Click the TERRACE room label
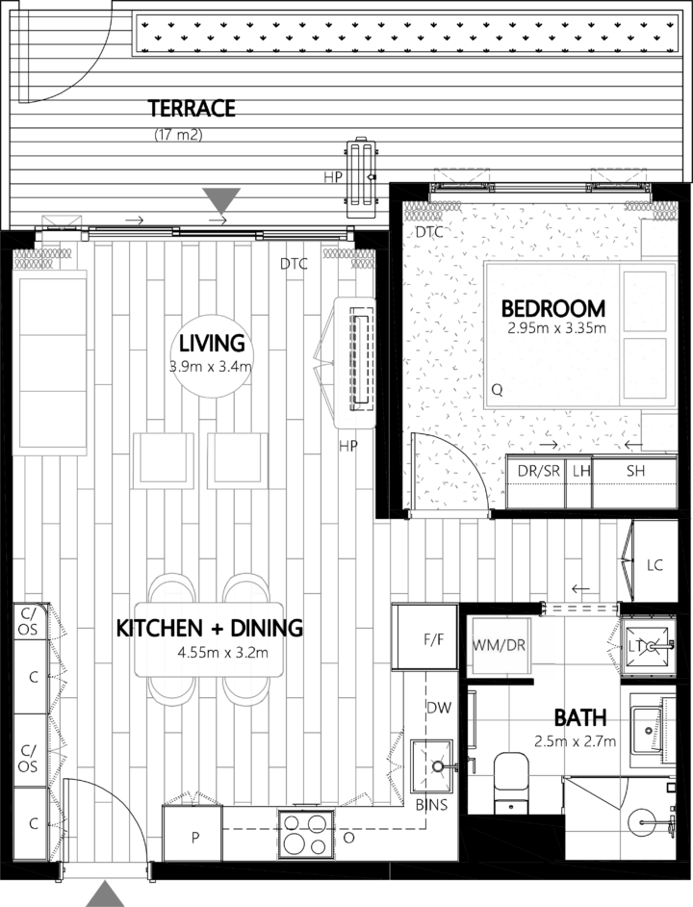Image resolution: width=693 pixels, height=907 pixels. (x=191, y=108)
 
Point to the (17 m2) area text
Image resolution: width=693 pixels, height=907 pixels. (x=178, y=135)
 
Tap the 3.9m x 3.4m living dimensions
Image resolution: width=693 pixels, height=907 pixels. (x=211, y=366)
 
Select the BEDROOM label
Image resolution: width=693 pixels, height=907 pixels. (x=553, y=309)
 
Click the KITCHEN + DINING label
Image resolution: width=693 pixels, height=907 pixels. (x=209, y=629)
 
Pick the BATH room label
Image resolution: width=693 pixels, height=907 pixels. (x=579, y=717)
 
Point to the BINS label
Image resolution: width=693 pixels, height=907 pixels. (x=431, y=805)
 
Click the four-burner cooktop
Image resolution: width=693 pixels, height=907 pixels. (x=306, y=832)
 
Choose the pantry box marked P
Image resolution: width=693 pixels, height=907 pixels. (x=193, y=836)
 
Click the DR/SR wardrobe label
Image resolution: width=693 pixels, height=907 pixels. (x=538, y=471)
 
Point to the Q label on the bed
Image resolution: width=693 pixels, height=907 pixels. (x=497, y=391)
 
